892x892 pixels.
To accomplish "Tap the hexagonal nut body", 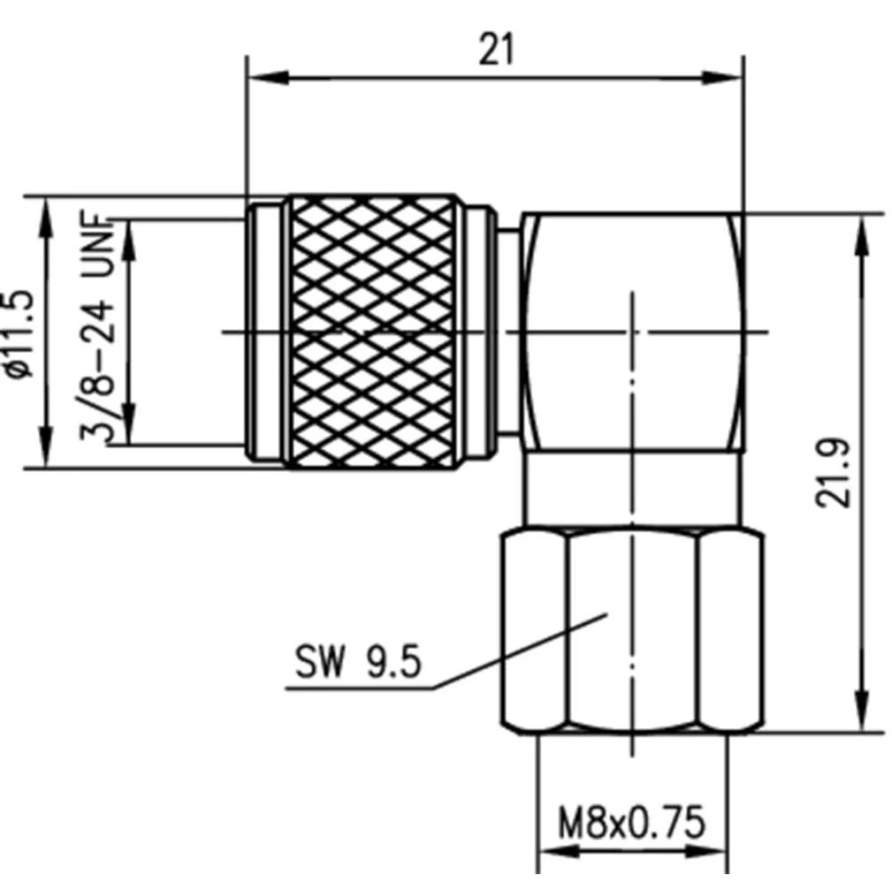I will [632, 632].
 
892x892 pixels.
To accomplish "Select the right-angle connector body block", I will [632, 332].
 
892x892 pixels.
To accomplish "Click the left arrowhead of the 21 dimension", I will [260, 78].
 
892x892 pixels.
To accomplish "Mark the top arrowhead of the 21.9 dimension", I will [861, 227].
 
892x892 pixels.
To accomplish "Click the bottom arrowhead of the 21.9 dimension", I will [861, 719].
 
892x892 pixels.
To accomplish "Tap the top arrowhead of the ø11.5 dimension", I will [45, 210].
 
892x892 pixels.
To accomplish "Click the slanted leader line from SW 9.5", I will [517, 651].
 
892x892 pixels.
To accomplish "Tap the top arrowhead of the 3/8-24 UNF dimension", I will [129, 232].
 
